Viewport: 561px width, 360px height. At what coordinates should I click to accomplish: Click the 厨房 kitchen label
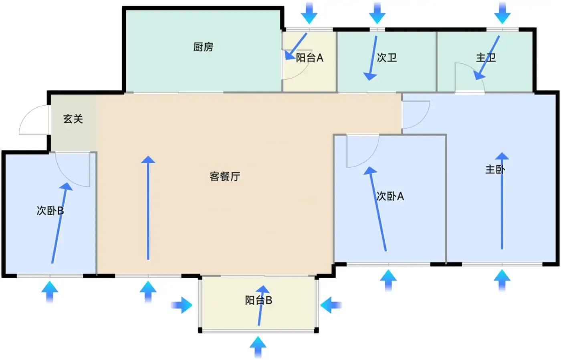point(203,47)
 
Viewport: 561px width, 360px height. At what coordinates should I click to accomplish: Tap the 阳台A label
point(309,58)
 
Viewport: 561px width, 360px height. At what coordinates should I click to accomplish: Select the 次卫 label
point(387,58)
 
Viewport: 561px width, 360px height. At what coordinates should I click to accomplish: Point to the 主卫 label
point(486,58)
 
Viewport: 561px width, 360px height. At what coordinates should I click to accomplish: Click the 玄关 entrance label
point(73,119)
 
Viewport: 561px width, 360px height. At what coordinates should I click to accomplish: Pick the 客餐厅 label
point(225,177)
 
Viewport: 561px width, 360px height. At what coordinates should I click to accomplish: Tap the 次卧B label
point(50,211)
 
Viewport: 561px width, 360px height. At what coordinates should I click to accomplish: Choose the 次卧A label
point(390,196)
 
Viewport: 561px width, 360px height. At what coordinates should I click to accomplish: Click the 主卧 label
point(495,169)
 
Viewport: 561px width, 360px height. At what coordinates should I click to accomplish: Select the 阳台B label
point(258,300)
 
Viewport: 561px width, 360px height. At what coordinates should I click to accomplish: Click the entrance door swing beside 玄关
point(34,120)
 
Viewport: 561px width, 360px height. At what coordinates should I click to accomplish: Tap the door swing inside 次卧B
point(73,169)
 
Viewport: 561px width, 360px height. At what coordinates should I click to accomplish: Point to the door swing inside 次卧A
point(363,151)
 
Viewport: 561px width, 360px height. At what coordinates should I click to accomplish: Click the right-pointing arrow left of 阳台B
point(182,305)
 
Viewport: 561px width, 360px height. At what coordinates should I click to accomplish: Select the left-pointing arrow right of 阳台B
point(331,305)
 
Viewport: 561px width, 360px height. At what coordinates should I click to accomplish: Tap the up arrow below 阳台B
point(258,347)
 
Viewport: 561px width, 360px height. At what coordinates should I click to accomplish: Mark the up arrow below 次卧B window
point(50,292)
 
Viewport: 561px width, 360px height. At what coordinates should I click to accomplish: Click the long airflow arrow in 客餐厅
point(148,208)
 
